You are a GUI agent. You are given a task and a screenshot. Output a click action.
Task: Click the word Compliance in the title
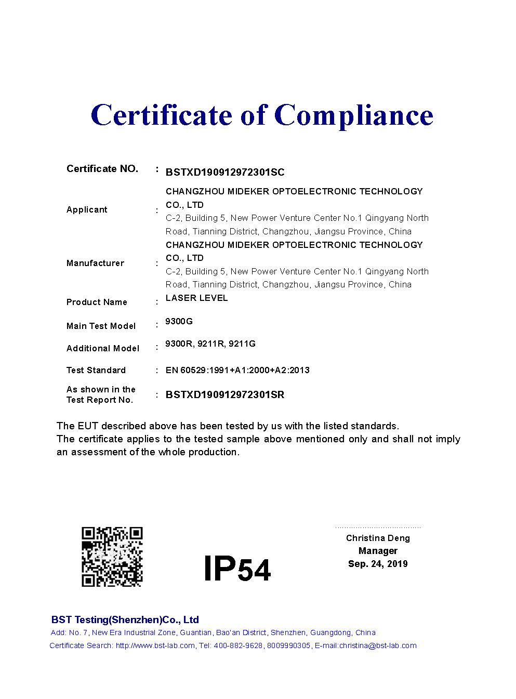coord(353,115)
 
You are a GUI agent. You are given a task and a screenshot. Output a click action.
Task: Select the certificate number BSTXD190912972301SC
coord(225,173)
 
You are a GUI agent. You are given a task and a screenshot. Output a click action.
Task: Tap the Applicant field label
coord(87,209)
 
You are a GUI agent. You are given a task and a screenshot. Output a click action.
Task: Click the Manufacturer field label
coord(95,263)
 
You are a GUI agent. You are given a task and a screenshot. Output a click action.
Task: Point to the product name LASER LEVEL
coord(196,298)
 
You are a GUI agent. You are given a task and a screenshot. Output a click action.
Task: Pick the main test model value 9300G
coord(179,321)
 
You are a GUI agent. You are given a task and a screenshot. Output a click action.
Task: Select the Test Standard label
coord(96,370)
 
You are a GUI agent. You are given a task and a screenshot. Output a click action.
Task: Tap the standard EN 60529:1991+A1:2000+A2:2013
coord(237,370)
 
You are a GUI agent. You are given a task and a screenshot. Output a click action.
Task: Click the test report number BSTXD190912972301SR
coord(225,394)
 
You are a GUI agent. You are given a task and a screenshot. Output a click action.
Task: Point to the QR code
coord(112,557)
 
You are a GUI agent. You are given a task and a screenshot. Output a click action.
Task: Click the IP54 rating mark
coord(237,569)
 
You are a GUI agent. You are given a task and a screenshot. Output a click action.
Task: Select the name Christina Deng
coord(378,538)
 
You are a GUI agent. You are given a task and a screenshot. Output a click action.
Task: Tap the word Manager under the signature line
coord(378,551)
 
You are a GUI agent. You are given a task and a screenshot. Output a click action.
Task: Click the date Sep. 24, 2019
coord(378,564)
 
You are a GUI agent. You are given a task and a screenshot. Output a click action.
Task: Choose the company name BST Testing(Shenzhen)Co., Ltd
coord(125,619)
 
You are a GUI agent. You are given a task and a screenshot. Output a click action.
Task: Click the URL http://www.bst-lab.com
coord(155,645)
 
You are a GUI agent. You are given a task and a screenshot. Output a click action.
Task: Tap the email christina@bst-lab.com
coord(378,645)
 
